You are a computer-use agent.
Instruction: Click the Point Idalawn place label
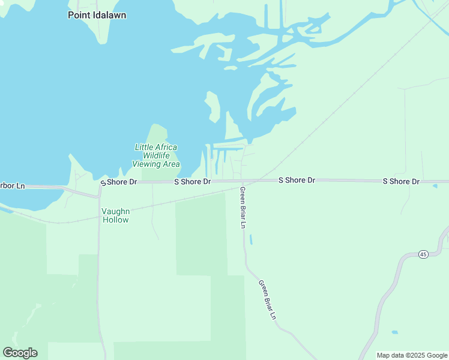(x=97, y=15)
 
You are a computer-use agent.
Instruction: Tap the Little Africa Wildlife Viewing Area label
(x=156, y=155)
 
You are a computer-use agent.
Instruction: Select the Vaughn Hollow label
(x=115, y=215)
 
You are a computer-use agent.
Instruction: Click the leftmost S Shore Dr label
(x=119, y=182)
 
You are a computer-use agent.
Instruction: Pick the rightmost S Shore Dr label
(x=401, y=181)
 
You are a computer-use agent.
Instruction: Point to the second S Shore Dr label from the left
(x=192, y=181)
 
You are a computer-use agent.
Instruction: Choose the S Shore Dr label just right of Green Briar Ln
(x=297, y=180)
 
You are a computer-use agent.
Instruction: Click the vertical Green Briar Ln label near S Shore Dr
(x=243, y=208)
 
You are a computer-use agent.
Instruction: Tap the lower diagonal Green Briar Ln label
(x=267, y=299)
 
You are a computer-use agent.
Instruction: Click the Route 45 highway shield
(x=423, y=254)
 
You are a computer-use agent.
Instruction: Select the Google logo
(x=20, y=353)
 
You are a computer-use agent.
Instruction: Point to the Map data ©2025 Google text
(x=412, y=355)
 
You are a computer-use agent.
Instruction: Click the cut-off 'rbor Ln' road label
(x=12, y=186)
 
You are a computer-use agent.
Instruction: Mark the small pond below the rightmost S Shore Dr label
(x=435, y=186)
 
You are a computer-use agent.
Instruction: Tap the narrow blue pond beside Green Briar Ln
(x=250, y=239)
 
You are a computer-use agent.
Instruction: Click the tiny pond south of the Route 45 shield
(x=394, y=332)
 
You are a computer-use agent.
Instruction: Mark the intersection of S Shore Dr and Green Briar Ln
(x=243, y=181)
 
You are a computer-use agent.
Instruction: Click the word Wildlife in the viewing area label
(x=155, y=155)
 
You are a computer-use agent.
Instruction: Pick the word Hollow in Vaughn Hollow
(x=115, y=220)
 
